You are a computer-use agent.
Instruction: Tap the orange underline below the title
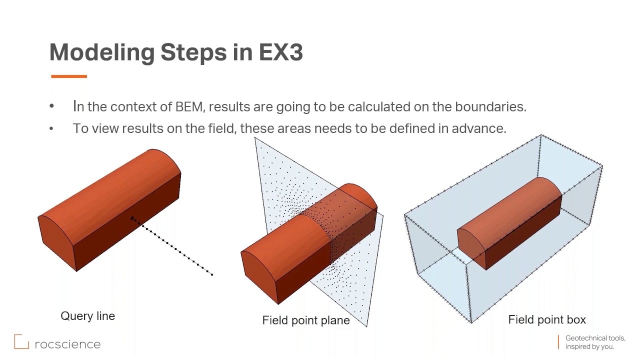(x=69, y=76)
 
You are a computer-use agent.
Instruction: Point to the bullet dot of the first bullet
(x=51, y=106)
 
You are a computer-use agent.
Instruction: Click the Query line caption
(x=87, y=316)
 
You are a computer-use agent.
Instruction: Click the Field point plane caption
(x=305, y=320)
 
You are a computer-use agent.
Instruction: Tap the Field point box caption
(x=546, y=319)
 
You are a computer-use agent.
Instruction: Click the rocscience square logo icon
(x=21, y=341)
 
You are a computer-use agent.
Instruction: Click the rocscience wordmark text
(x=67, y=344)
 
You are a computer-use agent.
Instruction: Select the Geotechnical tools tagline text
(x=594, y=342)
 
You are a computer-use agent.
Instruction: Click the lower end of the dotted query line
(x=212, y=274)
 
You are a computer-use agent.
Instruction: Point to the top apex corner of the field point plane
(x=255, y=138)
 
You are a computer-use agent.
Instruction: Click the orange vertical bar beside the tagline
(x=558, y=342)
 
